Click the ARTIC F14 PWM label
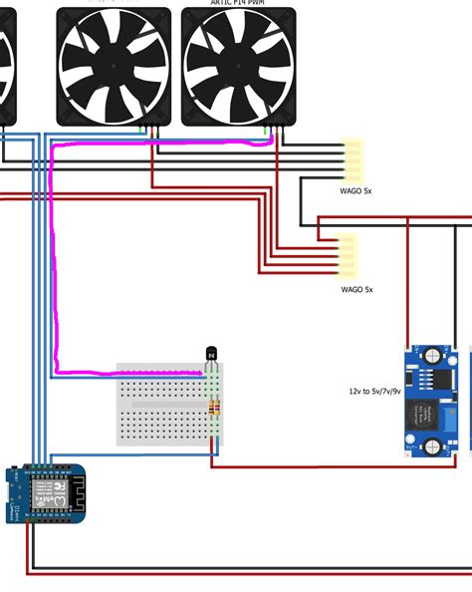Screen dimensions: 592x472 pos(238,3)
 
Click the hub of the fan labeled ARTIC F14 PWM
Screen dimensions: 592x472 pos(238,66)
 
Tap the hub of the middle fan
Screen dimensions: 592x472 pos(113,66)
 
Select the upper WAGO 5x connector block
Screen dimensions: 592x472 pos(353,157)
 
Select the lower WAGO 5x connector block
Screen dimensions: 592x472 pos(348,254)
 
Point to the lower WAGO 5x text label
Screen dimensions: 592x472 pos(356,289)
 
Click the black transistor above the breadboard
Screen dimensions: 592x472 pos(211,354)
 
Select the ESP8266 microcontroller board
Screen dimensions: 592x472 pos(46,492)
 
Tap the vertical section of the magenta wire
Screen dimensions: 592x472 pos(52,259)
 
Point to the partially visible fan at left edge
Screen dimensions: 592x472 pos(6,66)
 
